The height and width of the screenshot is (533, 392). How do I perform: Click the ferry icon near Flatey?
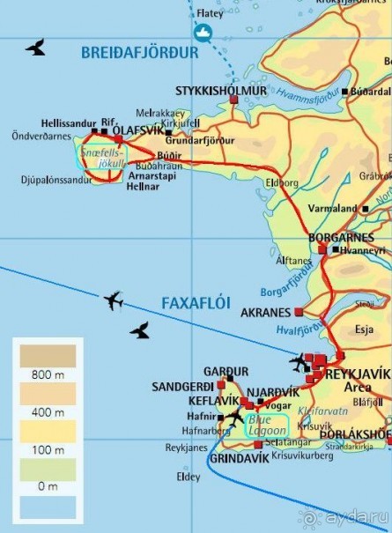[203, 34]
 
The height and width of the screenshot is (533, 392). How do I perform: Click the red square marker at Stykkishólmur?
[234, 100]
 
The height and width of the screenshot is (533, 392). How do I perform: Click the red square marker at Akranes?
[300, 312]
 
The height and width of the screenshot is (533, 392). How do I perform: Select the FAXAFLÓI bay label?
[196, 303]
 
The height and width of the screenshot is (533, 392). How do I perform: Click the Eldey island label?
[189, 479]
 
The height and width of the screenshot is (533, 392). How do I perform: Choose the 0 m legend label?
[48, 485]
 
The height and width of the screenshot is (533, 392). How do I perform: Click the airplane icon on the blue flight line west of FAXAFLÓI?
[113, 301]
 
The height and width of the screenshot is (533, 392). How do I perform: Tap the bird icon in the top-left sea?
[36, 47]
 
